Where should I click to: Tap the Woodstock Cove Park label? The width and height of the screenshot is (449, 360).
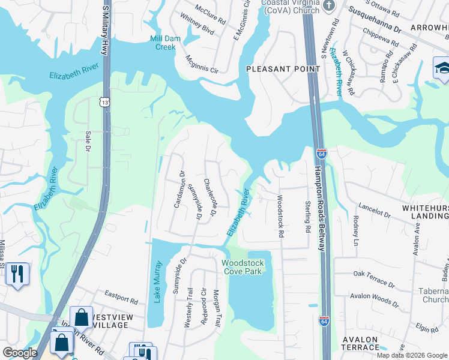[243, 267]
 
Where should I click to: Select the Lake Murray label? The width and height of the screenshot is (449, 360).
[158, 281]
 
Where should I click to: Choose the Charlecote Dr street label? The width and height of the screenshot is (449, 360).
[209, 197]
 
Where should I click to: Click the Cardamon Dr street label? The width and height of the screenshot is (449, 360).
[178, 189]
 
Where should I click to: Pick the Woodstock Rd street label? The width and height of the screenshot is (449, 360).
[279, 216]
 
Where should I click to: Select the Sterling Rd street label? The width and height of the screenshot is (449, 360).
[307, 217]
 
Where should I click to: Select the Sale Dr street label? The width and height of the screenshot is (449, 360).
[88, 140]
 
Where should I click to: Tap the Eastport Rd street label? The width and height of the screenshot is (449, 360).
[116, 295]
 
